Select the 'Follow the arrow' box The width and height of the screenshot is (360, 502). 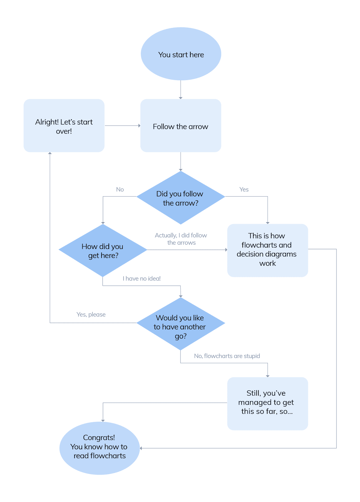(x=181, y=126)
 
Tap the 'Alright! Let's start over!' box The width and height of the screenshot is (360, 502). (x=64, y=126)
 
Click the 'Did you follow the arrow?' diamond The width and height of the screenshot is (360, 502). (x=181, y=198)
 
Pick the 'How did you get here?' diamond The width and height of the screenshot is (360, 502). (x=103, y=250)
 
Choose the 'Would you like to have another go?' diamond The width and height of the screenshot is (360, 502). (x=181, y=324)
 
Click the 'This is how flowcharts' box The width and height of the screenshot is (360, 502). (x=267, y=250)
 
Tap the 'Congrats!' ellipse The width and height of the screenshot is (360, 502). (x=99, y=448)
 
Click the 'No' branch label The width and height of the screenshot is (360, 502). (x=120, y=190)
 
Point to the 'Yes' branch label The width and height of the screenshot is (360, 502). (x=244, y=190)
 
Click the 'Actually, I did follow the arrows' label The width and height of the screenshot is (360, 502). (x=181, y=239)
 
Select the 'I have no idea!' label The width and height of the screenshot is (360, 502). (x=141, y=279)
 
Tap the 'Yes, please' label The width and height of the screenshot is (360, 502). (x=91, y=314)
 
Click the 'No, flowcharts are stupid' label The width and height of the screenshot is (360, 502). (x=227, y=356)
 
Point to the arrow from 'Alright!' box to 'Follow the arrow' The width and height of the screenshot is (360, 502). (x=122, y=125)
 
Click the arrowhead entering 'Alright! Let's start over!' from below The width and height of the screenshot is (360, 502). (x=50, y=153)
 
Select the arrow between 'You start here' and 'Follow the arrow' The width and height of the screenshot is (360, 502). (x=181, y=90)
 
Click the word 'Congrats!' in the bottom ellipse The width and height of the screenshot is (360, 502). (x=99, y=437)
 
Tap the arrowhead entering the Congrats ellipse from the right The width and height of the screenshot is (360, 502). (x=141, y=448)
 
